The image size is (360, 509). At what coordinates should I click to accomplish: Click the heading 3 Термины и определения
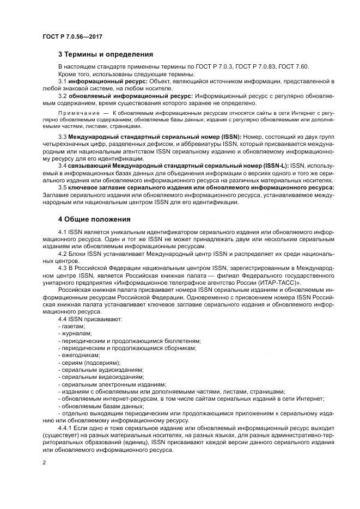(106, 54)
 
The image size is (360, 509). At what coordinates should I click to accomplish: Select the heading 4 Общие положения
(94, 219)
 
